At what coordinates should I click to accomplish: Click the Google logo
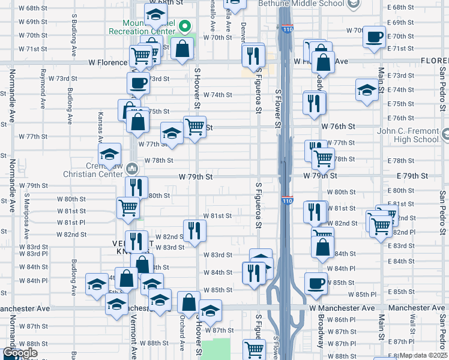click(20, 353)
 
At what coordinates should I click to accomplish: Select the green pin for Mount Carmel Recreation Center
click(186, 27)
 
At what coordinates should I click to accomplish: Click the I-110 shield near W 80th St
click(287, 200)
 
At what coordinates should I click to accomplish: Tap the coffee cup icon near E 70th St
click(374, 37)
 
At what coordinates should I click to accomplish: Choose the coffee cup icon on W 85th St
click(316, 283)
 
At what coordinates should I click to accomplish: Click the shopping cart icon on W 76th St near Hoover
click(194, 127)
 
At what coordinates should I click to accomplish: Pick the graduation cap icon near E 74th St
click(367, 90)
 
